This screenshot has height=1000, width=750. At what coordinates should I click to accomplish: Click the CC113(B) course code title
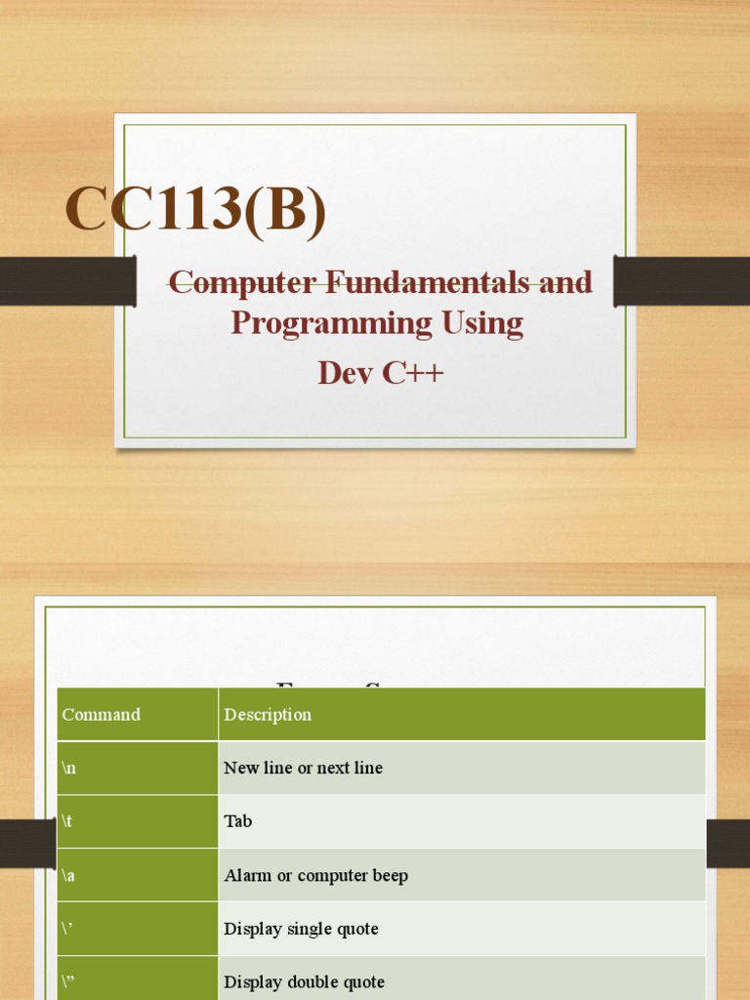click(195, 211)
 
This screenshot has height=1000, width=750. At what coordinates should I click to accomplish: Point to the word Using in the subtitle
click(480, 323)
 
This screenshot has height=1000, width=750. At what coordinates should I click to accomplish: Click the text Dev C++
click(380, 372)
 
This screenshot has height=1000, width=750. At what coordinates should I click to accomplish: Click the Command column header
click(102, 715)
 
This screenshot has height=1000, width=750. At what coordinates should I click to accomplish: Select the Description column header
click(268, 715)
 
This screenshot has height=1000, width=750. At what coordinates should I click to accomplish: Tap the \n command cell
click(69, 768)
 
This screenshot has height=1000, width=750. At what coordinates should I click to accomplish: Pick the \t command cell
click(67, 821)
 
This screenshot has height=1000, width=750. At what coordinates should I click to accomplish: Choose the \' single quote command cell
click(68, 929)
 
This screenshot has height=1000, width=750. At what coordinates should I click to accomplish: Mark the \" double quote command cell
click(69, 981)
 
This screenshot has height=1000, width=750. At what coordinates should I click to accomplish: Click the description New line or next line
click(303, 768)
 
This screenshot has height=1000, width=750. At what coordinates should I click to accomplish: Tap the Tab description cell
click(238, 821)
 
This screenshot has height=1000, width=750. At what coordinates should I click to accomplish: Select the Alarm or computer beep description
click(315, 875)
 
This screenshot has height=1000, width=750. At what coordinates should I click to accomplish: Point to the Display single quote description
click(301, 929)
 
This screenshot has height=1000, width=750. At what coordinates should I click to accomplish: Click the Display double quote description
click(304, 981)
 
